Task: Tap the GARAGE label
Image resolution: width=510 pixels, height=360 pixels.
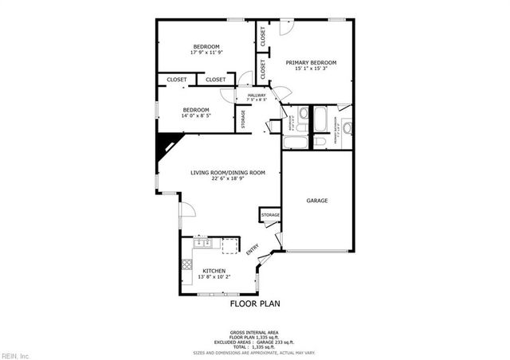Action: (317, 201)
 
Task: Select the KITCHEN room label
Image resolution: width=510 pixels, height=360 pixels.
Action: (214, 271)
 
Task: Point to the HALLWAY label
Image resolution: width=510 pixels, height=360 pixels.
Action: (257, 96)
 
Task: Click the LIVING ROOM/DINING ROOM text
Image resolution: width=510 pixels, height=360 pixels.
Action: (227, 173)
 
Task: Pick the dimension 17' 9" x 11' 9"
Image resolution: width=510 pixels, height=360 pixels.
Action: (206, 53)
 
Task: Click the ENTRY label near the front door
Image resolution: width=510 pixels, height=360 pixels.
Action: (252, 249)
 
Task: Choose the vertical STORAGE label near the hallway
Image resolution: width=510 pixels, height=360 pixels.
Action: (244, 118)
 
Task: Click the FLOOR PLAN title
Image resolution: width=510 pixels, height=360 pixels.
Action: (255, 303)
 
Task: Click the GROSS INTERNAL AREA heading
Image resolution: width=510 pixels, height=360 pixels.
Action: (255, 331)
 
